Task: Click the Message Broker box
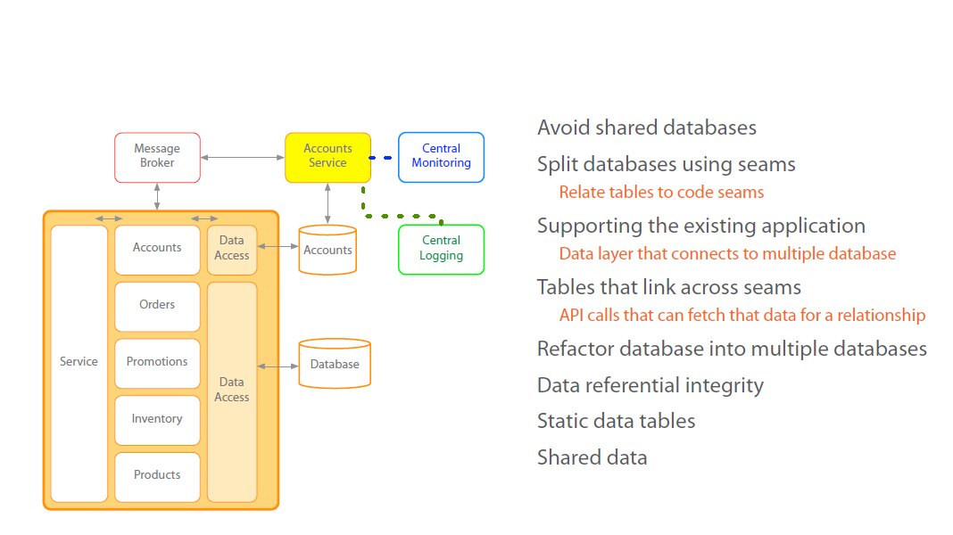(x=157, y=157)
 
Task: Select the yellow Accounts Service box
(x=327, y=157)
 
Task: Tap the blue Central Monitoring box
(x=441, y=157)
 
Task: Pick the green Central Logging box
(x=441, y=249)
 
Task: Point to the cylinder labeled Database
(x=335, y=364)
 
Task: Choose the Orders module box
(x=157, y=306)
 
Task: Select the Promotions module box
(x=157, y=363)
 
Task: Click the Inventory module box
(x=157, y=420)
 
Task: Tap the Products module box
(x=157, y=476)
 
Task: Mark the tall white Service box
(x=79, y=363)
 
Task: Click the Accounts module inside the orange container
(x=157, y=249)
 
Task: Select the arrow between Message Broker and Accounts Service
(x=242, y=158)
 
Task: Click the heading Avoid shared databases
(x=646, y=128)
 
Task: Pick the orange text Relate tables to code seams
(x=661, y=192)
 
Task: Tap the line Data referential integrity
(x=650, y=385)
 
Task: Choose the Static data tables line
(x=616, y=421)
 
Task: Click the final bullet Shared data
(x=592, y=457)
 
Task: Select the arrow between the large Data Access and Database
(x=278, y=366)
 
